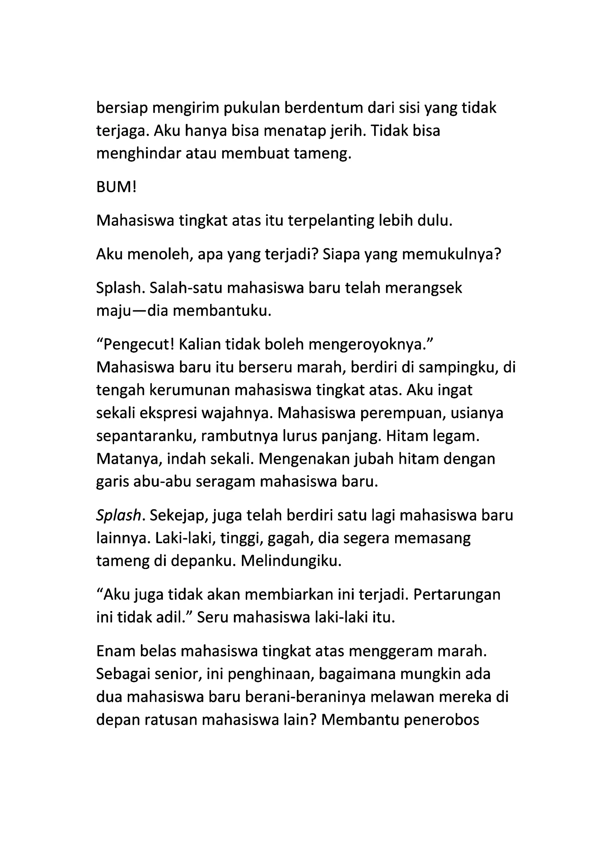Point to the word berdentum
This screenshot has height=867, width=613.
pyautogui.click(x=323, y=108)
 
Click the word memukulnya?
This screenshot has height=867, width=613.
pyautogui.click(x=451, y=255)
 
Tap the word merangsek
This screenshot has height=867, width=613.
pyautogui.click(x=424, y=288)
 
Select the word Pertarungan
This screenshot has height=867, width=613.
pyautogui.click(x=457, y=595)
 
